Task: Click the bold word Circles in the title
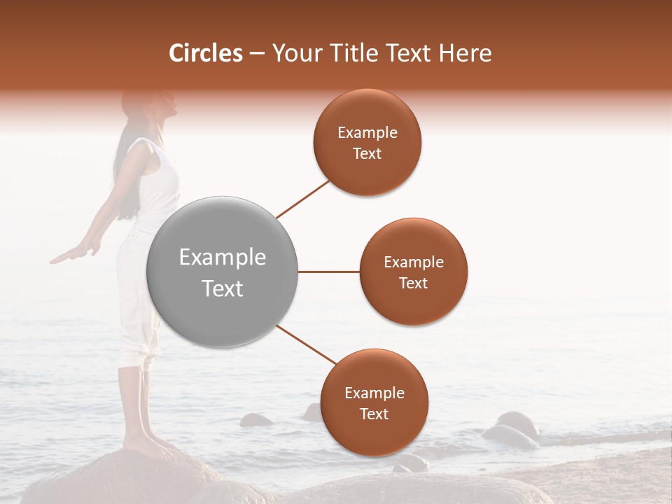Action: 205,53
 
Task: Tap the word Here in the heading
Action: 465,53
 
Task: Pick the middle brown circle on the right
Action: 413,301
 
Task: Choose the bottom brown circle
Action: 374,434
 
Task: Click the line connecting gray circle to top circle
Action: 302,199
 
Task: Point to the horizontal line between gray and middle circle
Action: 328,272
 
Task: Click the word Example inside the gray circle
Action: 222,258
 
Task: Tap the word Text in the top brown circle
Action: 367,154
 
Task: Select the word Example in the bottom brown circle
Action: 374,393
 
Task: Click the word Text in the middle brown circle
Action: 413,283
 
